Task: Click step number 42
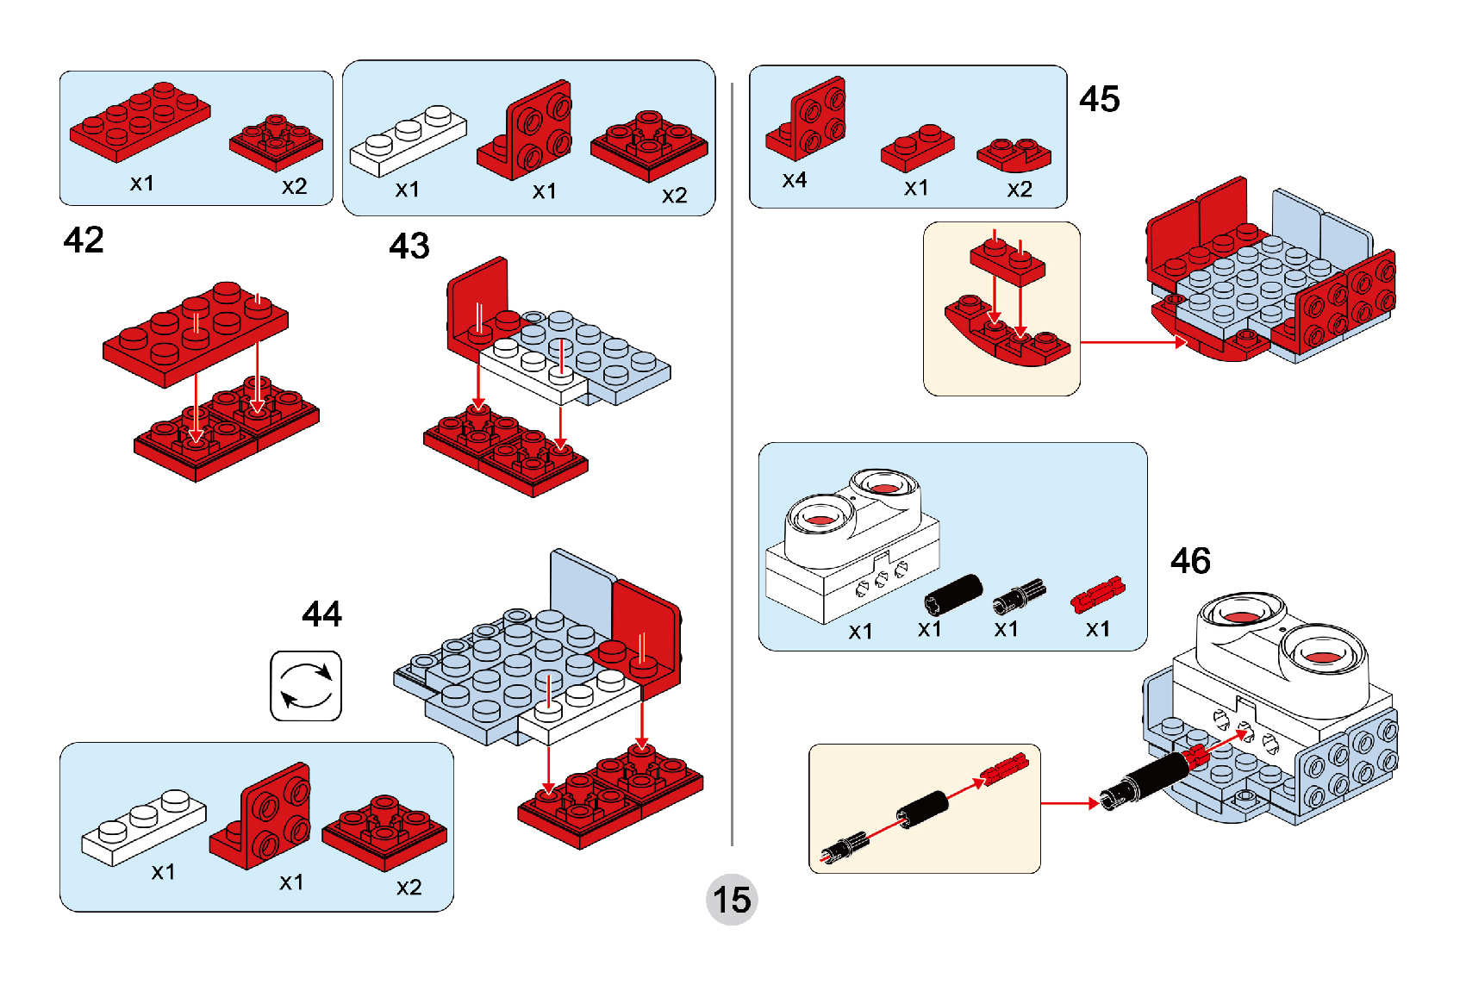tap(83, 240)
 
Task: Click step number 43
tap(409, 246)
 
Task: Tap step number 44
tap(321, 614)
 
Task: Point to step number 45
tap(1100, 99)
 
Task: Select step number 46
tap(1190, 561)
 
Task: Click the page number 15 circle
tap(732, 900)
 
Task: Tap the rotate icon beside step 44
tap(306, 685)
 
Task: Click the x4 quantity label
tap(795, 180)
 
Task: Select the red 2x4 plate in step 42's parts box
tap(140, 122)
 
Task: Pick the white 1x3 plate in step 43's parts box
tap(409, 140)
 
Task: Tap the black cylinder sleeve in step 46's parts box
tap(953, 595)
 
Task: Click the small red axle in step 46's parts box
tap(1097, 594)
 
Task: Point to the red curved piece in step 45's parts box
tap(1014, 154)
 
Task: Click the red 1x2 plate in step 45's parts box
tap(918, 148)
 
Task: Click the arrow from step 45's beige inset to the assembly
tap(1133, 341)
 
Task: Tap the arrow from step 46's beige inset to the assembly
tap(1070, 802)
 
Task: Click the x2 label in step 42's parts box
tap(295, 186)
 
